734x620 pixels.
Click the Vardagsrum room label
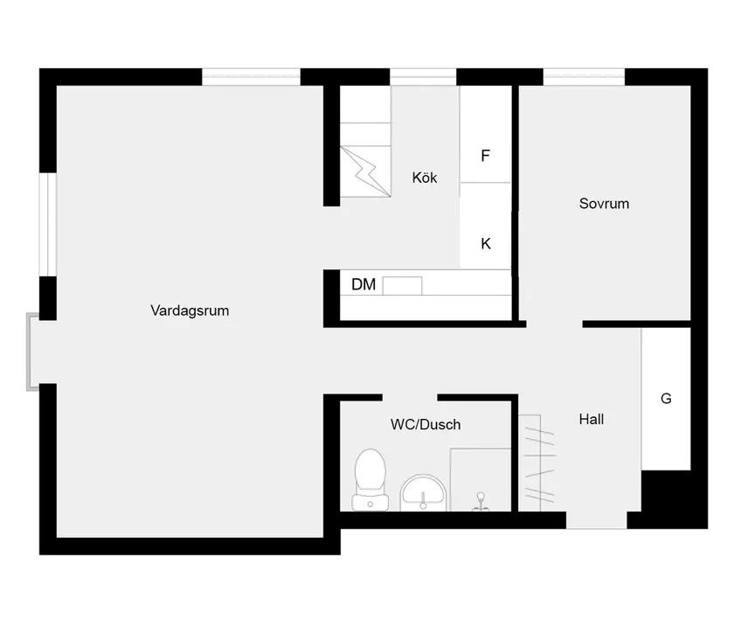pyautogui.click(x=190, y=310)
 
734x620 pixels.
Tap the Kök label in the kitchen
pyautogui.click(x=425, y=178)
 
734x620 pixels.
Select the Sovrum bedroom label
pyautogui.click(x=604, y=204)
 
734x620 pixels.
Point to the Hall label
pyautogui.click(x=592, y=419)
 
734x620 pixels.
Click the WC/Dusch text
pyautogui.click(x=426, y=424)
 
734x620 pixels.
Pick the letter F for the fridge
pyautogui.click(x=486, y=155)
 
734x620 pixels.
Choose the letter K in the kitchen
pyautogui.click(x=486, y=244)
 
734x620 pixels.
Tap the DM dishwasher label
pyautogui.click(x=364, y=284)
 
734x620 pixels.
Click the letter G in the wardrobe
pyautogui.click(x=666, y=399)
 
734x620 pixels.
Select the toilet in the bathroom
pyautogui.click(x=370, y=479)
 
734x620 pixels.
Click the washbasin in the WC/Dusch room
pyautogui.click(x=423, y=492)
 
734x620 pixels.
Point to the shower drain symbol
pyautogui.click(x=481, y=501)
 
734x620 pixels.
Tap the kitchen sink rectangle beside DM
pyautogui.click(x=402, y=285)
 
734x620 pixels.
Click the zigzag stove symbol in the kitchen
pyautogui.click(x=365, y=171)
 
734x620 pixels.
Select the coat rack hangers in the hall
pyautogui.click(x=539, y=463)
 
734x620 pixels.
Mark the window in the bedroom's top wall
pyautogui.click(x=584, y=77)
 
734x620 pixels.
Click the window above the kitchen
pyautogui.click(x=423, y=77)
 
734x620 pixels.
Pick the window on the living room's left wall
pyautogui.click(x=48, y=224)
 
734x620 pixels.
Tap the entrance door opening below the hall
pyautogui.click(x=596, y=520)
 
